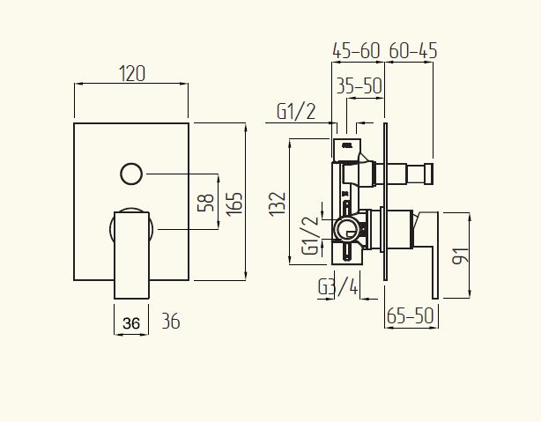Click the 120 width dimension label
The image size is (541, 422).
click(132, 74)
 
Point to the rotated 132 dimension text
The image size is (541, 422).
click(278, 204)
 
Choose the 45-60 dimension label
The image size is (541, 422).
click(356, 51)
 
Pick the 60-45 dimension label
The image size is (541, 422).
click(412, 51)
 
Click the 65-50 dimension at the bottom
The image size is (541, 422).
click(411, 315)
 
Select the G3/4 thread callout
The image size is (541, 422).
click(338, 288)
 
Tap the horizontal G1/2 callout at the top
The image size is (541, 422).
click(297, 112)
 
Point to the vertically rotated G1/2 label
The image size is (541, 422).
click(309, 235)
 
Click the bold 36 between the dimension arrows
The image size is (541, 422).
click(132, 322)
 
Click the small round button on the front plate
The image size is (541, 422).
click(132, 173)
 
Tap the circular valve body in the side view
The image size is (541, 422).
click(347, 232)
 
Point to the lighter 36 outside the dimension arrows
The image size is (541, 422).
click(171, 322)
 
